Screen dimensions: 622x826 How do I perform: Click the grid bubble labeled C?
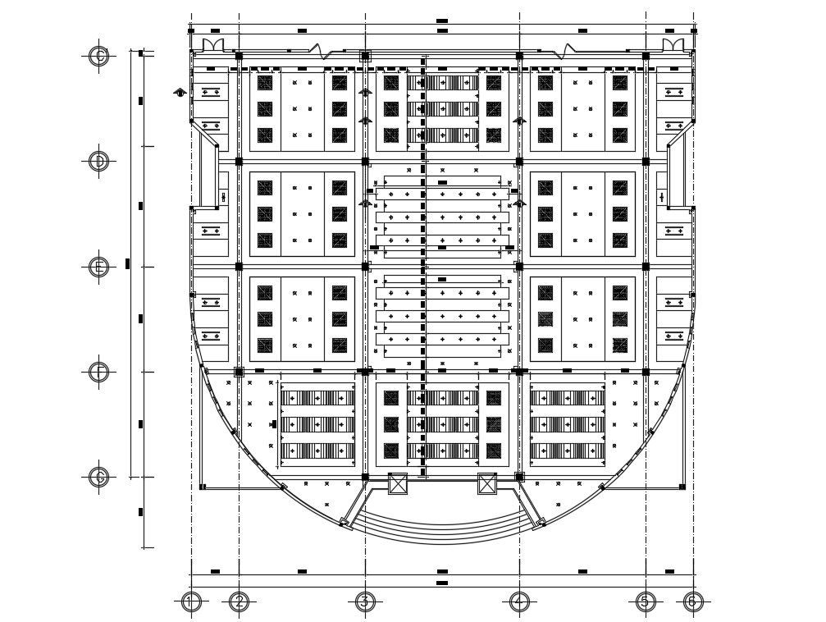tap(98, 56)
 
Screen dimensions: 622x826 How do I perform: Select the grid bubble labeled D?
tap(98, 161)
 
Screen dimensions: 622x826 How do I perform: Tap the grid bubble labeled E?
tap(98, 267)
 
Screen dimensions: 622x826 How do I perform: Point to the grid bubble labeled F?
tap(98, 372)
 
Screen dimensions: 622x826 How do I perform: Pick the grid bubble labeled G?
tap(98, 477)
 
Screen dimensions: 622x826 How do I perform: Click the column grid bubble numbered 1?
tap(191, 602)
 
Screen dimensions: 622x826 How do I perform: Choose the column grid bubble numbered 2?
tap(239, 602)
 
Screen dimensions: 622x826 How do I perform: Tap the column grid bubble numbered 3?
tap(365, 602)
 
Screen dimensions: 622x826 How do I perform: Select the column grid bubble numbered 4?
tap(518, 602)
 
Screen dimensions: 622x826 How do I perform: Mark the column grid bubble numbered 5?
tap(645, 602)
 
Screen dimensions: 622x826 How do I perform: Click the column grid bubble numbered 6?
tap(693, 602)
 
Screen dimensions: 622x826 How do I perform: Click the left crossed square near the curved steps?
tap(398, 483)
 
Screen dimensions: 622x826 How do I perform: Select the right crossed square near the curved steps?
tap(487, 483)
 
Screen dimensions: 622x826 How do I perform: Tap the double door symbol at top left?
tap(212, 43)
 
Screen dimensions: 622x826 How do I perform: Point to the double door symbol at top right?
tap(672, 43)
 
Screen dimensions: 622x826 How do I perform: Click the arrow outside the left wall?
tap(180, 92)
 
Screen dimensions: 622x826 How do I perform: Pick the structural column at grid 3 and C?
tap(365, 56)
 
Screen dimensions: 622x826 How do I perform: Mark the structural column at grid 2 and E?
tap(239, 267)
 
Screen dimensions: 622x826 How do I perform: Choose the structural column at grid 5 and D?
tap(646, 161)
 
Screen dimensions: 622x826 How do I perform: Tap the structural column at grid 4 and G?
tap(519, 477)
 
